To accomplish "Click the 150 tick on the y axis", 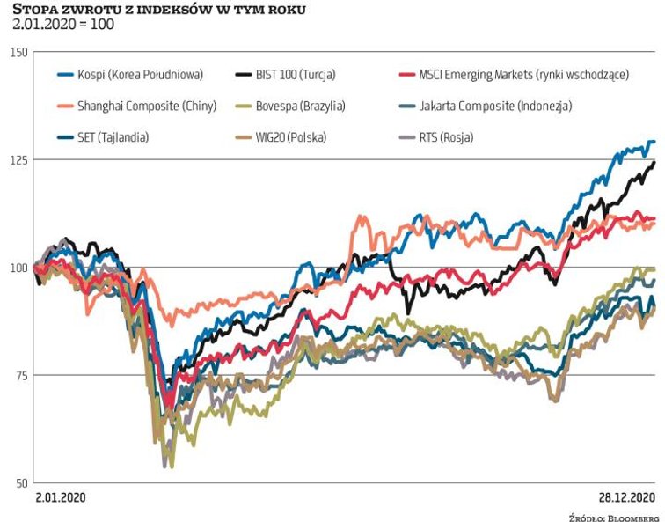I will (17, 53).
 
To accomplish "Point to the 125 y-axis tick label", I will (17, 160).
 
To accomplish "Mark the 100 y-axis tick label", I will (17, 268).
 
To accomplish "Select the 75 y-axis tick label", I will (18, 375).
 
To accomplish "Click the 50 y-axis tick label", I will (18, 482).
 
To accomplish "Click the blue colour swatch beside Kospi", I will (63, 75).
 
